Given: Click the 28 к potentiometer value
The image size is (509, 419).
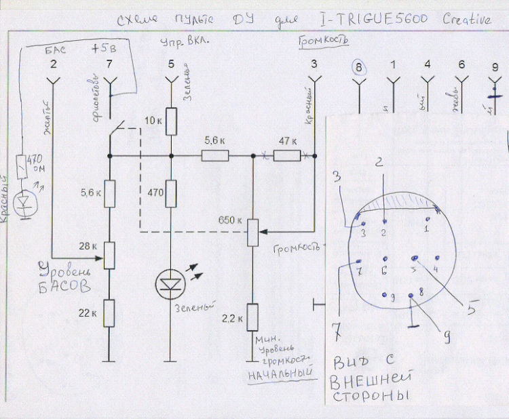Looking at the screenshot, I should pyautogui.click(x=88, y=245).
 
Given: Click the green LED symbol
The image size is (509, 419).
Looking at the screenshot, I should pyautogui.click(x=170, y=284).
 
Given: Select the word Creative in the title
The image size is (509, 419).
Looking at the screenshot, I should pyautogui.click(x=468, y=20).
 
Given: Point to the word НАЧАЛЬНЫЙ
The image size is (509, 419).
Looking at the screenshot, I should pyautogui.click(x=276, y=372).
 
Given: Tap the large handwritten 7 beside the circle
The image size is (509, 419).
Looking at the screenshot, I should pyautogui.click(x=336, y=332).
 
